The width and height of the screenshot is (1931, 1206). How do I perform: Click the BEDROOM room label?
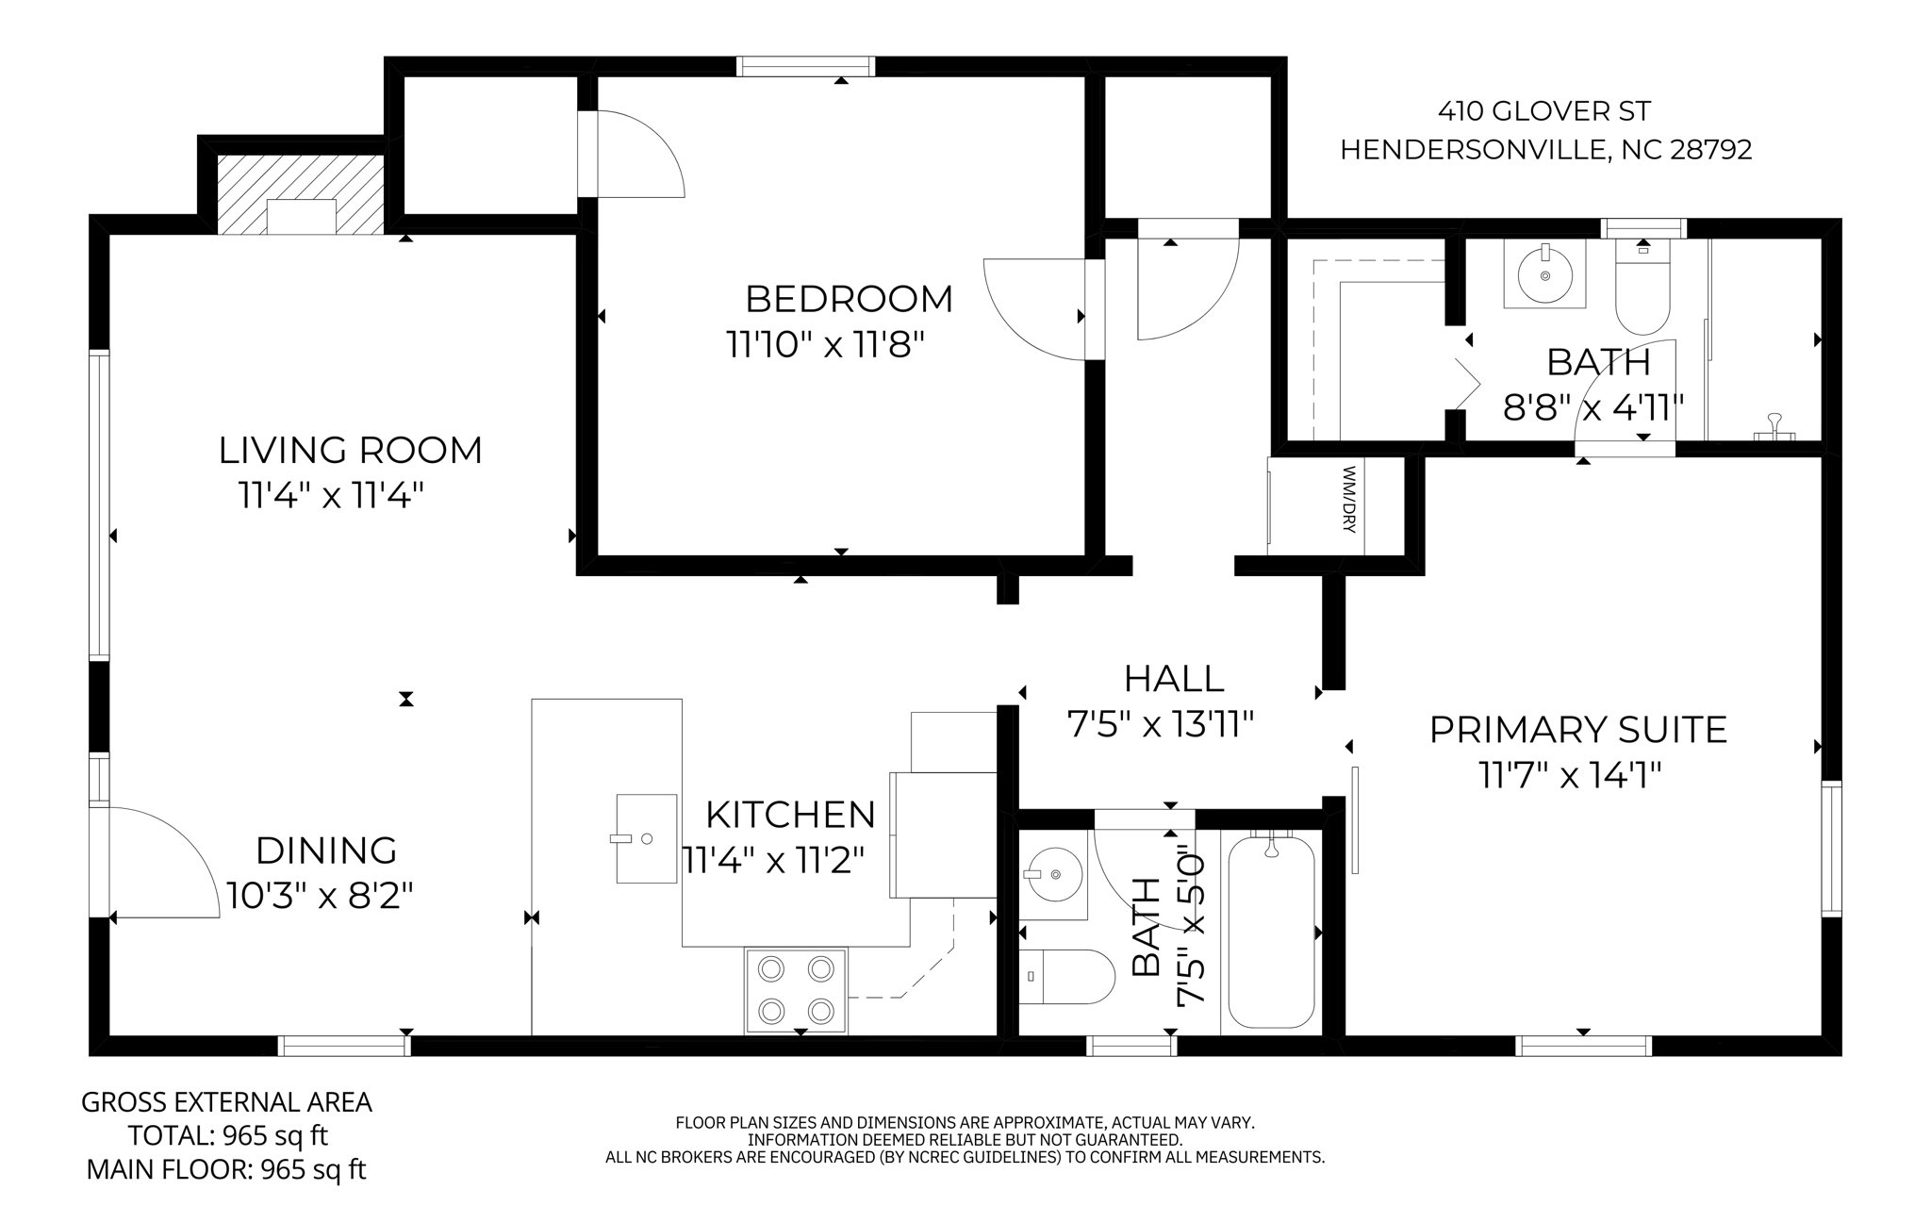pyautogui.click(x=849, y=299)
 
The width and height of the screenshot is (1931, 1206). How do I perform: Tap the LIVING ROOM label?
pyautogui.click(x=351, y=450)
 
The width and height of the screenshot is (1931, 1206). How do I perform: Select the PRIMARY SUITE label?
pyautogui.click(x=1578, y=730)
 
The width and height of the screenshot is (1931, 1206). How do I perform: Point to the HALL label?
pyautogui.click(x=1173, y=678)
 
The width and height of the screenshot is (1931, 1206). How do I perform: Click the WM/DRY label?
pyautogui.click(x=1347, y=499)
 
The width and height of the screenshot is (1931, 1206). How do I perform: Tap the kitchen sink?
pyautogui.click(x=647, y=838)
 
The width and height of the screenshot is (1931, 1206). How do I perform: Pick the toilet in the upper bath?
pyautogui.click(x=1642, y=286)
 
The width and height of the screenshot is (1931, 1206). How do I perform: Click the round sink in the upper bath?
pyautogui.click(x=1545, y=274)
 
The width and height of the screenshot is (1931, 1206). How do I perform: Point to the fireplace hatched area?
pyautogui.click(x=301, y=194)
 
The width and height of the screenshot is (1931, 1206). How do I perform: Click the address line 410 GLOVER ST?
pyautogui.click(x=1544, y=112)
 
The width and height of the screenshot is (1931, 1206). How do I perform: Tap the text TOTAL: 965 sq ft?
pyautogui.click(x=228, y=1135)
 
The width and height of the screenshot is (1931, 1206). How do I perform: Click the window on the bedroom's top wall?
pyautogui.click(x=806, y=66)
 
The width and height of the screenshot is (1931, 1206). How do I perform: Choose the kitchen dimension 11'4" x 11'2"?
pyautogui.click(x=772, y=859)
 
